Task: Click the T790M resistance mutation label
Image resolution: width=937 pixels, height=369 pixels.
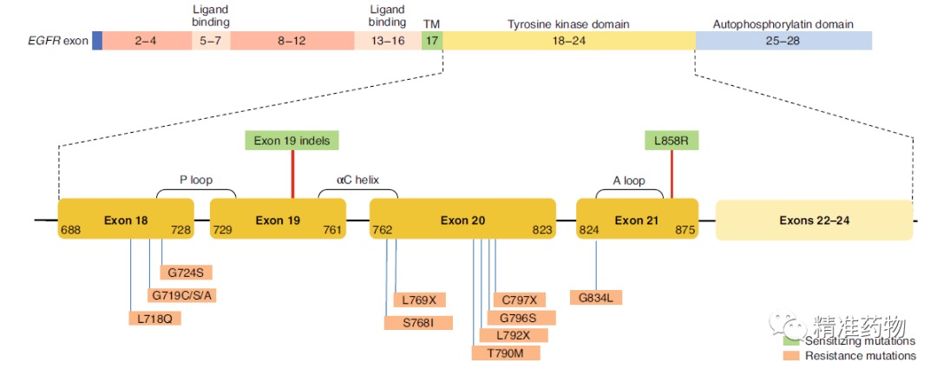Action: [506, 353]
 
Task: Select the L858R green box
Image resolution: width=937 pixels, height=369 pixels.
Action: [672, 140]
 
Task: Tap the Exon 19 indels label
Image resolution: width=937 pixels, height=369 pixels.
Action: [292, 140]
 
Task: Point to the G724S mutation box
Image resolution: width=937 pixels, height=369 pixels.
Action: [185, 273]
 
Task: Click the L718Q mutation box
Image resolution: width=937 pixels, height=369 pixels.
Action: [154, 318]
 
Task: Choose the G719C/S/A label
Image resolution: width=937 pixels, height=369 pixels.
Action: [181, 295]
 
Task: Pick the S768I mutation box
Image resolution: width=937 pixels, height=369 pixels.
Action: [418, 323]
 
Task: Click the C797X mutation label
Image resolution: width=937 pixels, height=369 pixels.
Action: [519, 300]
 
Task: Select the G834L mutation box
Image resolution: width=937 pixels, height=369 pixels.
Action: [597, 297]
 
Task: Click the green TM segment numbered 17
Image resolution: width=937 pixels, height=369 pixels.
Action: [432, 40]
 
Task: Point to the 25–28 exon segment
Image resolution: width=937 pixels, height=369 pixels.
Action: [783, 40]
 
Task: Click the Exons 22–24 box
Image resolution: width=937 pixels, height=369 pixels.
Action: [814, 220]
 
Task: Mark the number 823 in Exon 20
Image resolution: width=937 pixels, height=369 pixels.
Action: [541, 230]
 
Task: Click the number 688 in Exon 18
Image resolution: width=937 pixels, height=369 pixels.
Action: [70, 230]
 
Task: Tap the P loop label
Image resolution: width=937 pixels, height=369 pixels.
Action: [196, 181]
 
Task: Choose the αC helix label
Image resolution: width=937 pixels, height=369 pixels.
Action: [357, 181]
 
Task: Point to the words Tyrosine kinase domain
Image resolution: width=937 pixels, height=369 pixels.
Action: [568, 23]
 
